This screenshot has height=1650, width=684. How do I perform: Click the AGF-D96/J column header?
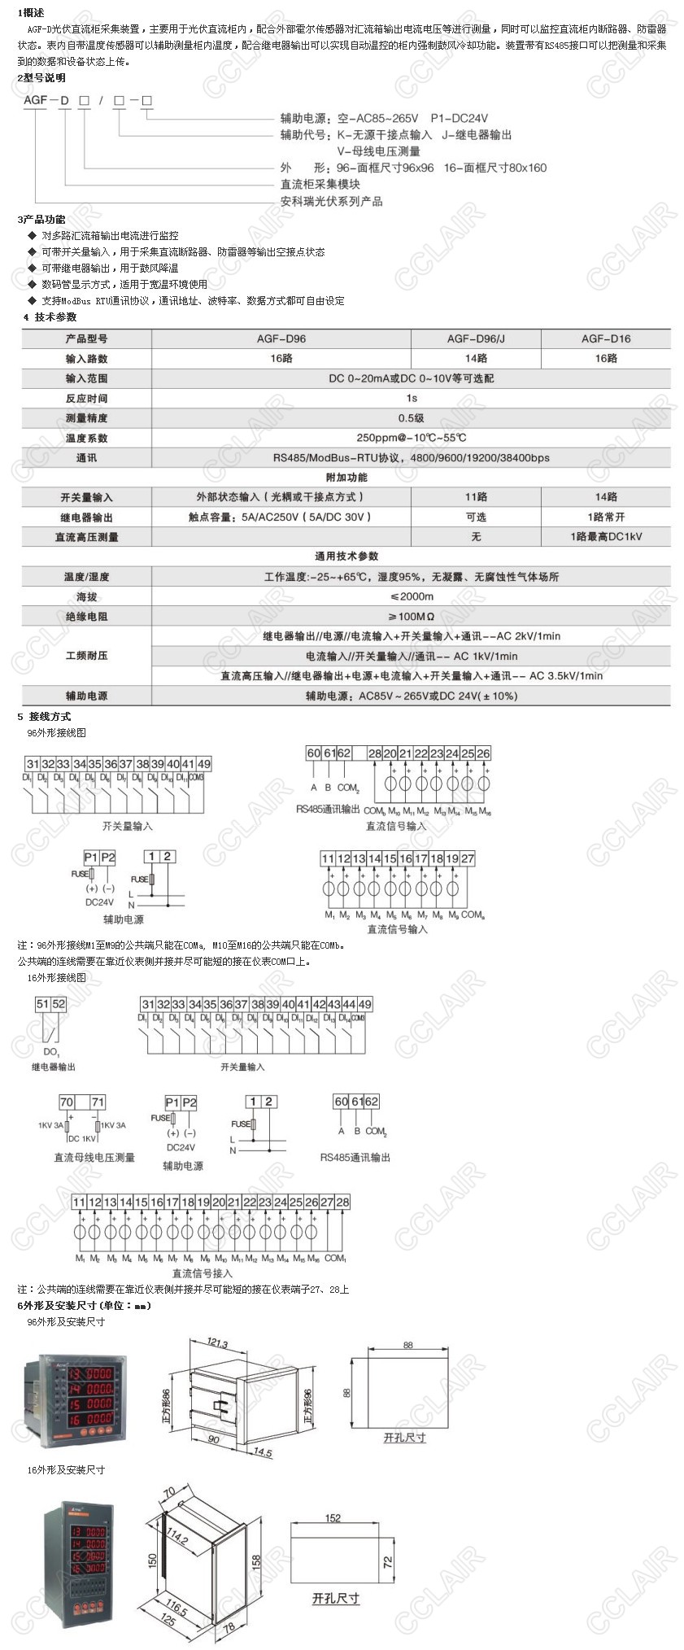click(476, 338)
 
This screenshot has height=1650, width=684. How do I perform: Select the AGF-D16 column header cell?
click(606, 338)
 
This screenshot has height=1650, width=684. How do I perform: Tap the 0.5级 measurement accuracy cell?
click(411, 418)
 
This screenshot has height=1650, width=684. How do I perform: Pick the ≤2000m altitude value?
click(411, 596)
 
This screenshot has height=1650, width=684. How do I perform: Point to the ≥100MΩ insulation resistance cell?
click(411, 617)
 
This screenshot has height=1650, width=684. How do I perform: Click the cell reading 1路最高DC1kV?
click(606, 537)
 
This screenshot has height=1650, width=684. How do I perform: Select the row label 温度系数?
click(86, 438)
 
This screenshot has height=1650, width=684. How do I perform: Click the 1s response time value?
click(411, 398)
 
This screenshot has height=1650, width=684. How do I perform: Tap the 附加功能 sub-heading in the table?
click(346, 478)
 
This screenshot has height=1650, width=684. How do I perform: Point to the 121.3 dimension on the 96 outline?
click(217, 1342)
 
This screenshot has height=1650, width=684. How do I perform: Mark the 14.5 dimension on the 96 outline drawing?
click(262, 1452)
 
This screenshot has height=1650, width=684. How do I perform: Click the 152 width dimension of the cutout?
click(333, 1517)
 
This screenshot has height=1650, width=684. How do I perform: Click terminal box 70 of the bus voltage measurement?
click(67, 1102)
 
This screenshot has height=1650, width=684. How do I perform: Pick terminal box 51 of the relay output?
click(43, 1004)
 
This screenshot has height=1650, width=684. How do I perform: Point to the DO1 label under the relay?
click(51, 1052)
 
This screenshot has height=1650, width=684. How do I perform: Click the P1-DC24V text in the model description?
click(460, 118)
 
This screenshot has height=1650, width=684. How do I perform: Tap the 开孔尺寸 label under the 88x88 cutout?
click(404, 1438)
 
